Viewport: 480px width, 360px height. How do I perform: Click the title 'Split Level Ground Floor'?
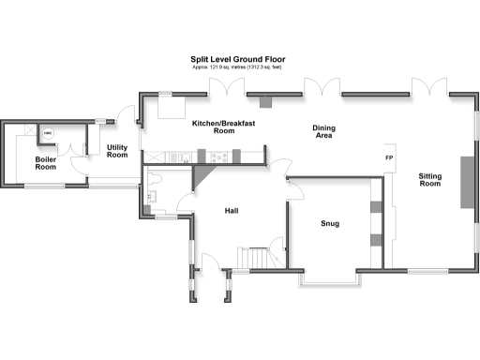tap(238, 59)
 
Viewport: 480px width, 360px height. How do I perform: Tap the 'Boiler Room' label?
tap(46, 163)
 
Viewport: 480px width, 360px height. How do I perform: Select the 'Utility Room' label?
tap(117, 151)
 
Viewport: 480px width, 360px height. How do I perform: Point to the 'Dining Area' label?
tap(324, 132)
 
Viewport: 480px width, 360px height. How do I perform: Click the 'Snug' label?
tap(329, 224)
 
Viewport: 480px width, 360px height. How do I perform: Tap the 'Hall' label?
tap(231, 211)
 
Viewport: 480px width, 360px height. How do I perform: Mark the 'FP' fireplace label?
tap(388, 157)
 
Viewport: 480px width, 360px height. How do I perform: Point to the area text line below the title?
tap(238, 68)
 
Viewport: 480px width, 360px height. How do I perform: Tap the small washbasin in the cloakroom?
tap(147, 196)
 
